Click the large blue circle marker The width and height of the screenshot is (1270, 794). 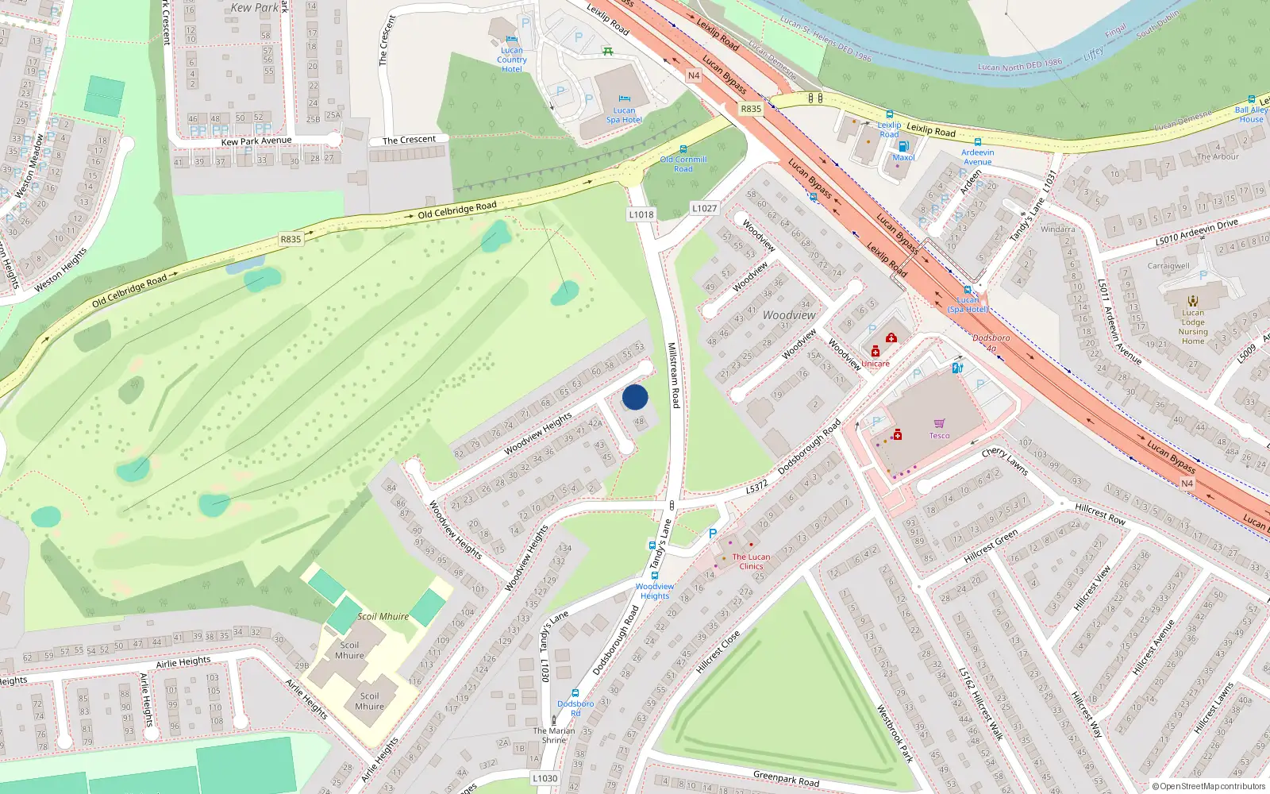pyautogui.click(x=635, y=397)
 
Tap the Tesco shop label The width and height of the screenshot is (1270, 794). pyautogui.click(x=939, y=435)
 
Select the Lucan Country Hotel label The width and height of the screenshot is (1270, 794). pyautogui.click(x=511, y=60)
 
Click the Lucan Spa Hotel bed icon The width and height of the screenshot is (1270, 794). pyautogui.click(x=624, y=98)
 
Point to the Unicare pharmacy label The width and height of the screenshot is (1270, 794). pyautogui.click(x=876, y=364)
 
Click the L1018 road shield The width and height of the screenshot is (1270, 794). pyautogui.click(x=641, y=214)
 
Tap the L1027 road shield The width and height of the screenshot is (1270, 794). pyautogui.click(x=704, y=208)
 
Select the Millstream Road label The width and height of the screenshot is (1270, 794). pyautogui.click(x=673, y=375)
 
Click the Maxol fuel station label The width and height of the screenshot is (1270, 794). pyautogui.click(x=903, y=157)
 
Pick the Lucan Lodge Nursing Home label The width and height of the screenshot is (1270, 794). pyautogui.click(x=1192, y=326)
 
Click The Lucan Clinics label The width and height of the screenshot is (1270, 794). pyautogui.click(x=751, y=561)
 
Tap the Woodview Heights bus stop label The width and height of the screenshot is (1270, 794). pyautogui.click(x=654, y=591)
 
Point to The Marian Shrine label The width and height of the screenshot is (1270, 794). pyautogui.click(x=554, y=735)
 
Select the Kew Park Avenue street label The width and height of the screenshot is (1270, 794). pyautogui.click(x=256, y=141)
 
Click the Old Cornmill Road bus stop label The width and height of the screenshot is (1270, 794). pyautogui.click(x=683, y=164)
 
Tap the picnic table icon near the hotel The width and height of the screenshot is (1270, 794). pyautogui.click(x=607, y=51)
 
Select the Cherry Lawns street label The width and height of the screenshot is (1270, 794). pyautogui.click(x=1004, y=461)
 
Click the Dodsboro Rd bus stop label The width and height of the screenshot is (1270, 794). pyautogui.click(x=575, y=707)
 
